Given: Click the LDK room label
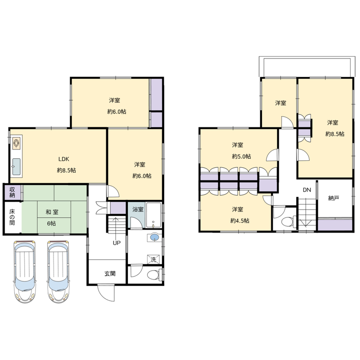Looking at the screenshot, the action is click(x=63, y=159).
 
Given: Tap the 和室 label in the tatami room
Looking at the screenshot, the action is click(x=52, y=212).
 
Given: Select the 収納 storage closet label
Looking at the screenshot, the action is click(x=12, y=193).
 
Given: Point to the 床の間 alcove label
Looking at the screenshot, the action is click(x=12, y=217).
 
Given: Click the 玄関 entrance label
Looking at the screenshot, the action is click(x=110, y=274).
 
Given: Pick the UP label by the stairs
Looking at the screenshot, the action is click(x=117, y=243).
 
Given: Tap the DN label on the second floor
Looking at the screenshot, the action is click(x=307, y=190).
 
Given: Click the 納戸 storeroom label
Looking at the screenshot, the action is click(x=333, y=198).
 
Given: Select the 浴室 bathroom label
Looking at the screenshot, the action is click(x=138, y=209).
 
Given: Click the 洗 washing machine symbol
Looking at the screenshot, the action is click(x=153, y=260).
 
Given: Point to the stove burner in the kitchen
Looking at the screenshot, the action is click(x=17, y=143).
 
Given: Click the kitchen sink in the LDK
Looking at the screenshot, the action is click(x=16, y=166).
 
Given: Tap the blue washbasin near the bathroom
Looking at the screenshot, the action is click(x=154, y=237).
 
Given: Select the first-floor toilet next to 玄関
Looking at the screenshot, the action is click(x=153, y=274).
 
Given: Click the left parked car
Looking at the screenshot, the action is click(x=25, y=272).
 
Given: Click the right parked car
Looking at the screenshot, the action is click(x=58, y=272).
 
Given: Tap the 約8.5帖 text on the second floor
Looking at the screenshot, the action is click(x=335, y=134).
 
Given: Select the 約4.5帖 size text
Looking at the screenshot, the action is click(x=240, y=220).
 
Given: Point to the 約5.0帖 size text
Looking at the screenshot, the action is click(x=241, y=156).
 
